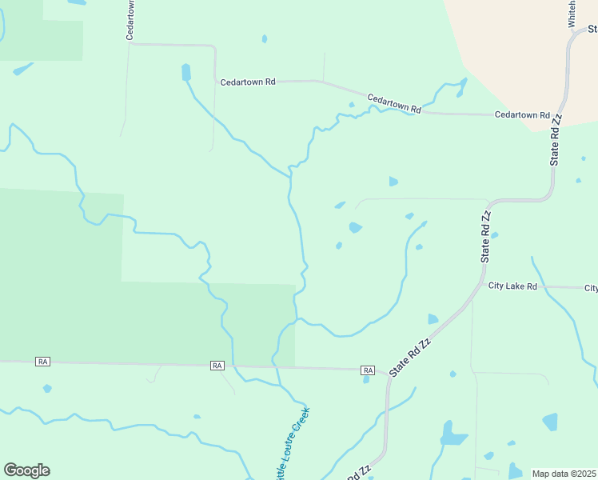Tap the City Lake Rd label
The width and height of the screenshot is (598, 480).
[512, 286]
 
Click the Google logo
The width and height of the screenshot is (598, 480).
[26, 470]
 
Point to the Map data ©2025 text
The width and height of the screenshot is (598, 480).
[564, 474]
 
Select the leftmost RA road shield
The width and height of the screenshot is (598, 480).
[43, 362]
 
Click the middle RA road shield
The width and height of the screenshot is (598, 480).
[217, 366]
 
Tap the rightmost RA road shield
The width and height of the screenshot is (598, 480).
[368, 370]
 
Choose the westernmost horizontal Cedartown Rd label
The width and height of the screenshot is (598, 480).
[248, 82]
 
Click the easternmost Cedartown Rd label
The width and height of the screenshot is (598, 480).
[522, 115]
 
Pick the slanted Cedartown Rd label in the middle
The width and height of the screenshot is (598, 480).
[394, 103]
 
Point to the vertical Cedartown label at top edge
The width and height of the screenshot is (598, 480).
[130, 20]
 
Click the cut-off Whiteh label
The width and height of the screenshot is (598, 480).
[572, 14]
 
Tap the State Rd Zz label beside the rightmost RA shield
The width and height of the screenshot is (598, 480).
[410, 356]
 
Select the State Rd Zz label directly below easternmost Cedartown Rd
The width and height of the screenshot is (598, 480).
[556, 139]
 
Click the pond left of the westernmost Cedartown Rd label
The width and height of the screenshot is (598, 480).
[186, 73]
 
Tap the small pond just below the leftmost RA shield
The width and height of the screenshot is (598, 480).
[47, 389]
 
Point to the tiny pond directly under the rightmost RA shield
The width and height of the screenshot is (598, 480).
[366, 379]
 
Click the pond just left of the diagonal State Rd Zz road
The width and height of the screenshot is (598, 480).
[433, 319]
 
